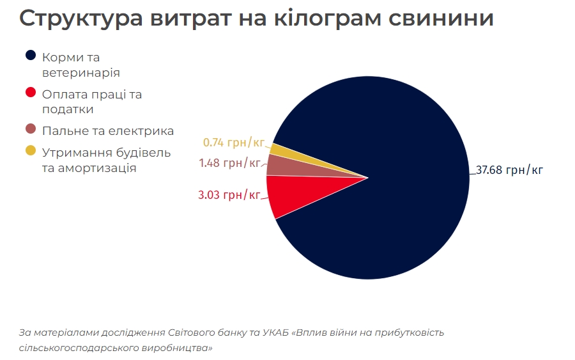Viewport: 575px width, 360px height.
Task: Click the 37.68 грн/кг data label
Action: tap(509, 171)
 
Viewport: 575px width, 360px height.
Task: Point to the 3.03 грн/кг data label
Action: tap(229, 194)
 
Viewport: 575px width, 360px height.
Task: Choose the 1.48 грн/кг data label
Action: tap(229, 163)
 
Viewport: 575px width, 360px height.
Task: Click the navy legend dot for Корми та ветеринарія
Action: tap(30, 56)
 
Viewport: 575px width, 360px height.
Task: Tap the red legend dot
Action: tap(30, 93)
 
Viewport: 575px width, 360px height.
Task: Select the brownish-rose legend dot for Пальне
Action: tap(30, 130)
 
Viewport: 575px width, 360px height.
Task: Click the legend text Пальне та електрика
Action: tap(108, 131)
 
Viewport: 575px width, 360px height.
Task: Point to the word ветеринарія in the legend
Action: tap(81, 72)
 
